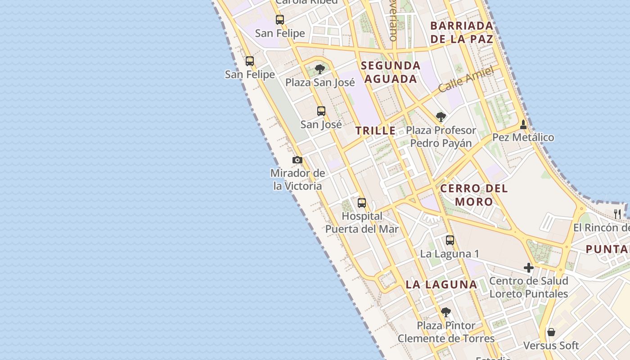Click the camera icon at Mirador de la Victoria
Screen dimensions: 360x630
(x=297, y=160)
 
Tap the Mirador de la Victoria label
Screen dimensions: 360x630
(x=297, y=180)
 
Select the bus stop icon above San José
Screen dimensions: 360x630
(x=321, y=111)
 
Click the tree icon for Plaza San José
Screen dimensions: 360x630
(x=320, y=69)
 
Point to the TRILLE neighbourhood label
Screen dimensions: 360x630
(x=375, y=131)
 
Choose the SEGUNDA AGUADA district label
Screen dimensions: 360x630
(x=391, y=72)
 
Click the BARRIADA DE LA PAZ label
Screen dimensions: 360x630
(x=462, y=32)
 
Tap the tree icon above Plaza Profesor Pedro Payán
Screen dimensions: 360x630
(x=441, y=117)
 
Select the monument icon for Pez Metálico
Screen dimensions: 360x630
(x=523, y=124)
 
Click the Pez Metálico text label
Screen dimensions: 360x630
(x=523, y=137)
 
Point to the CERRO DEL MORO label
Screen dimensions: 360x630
(x=474, y=195)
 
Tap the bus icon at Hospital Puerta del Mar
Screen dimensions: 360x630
(x=362, y=203)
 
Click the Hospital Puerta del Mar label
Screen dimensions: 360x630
(x=362, y=222)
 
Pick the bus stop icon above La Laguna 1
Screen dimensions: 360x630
(x=450, y=240)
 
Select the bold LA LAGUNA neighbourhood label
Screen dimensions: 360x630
(x=441, y=284)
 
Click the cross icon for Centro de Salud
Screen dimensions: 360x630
(x=529, y=268)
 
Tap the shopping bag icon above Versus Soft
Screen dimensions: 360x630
(x=551, y=333)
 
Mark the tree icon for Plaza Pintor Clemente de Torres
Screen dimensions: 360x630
(x=445, y=312)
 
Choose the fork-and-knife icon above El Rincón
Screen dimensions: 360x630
(x=617, y=214)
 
